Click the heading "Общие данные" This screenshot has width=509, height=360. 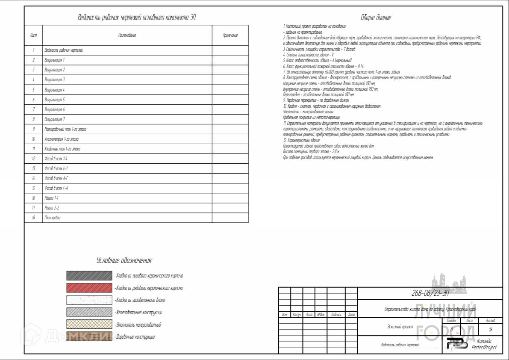376,18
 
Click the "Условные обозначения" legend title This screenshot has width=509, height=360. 124,260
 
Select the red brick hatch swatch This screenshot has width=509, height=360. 89,288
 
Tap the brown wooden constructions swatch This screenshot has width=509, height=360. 89,336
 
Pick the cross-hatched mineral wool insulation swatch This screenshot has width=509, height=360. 89,325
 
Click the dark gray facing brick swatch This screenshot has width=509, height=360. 89,276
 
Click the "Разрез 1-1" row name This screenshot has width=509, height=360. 52,198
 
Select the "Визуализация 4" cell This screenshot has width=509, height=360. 55,90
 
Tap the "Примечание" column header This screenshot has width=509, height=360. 230,35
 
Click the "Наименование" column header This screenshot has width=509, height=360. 127,35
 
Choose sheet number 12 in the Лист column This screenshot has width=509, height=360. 33,159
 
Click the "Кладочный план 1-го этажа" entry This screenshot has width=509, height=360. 62,149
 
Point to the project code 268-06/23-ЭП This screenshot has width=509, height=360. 430,293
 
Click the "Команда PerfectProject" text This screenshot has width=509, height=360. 484,344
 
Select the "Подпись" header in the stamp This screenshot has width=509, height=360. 336,315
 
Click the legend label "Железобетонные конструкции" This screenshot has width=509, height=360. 139,313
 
